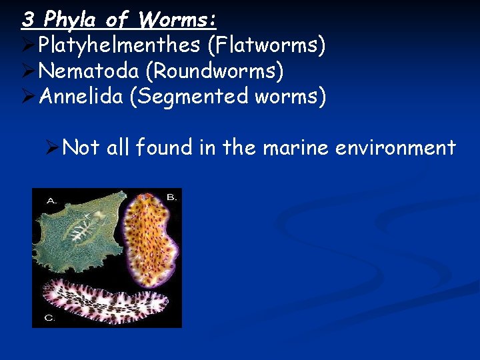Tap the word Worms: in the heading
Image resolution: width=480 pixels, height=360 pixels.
click(x=177, y=19)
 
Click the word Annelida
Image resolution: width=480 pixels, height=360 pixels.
click(x=81, y=97)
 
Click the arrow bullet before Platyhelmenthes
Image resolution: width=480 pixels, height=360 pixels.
click(x=28, y=45)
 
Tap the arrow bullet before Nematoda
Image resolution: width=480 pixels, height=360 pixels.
click(x=28, y=71)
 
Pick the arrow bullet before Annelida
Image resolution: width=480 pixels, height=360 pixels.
click(x=28, y=97)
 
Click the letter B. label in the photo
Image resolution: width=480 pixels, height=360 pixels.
click(x=171, y=197)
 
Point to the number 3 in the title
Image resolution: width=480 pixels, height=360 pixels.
click(x=27, y=19)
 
